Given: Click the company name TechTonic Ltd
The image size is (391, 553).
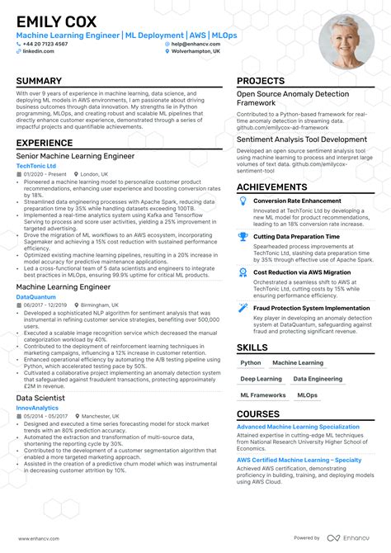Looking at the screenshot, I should pyautogui.click(x=36, y=166).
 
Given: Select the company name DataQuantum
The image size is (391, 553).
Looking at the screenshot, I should pyautogui.click(x=37, y=295).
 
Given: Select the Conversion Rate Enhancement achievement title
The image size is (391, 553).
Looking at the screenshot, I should pyautogui.click(x=297, y=201).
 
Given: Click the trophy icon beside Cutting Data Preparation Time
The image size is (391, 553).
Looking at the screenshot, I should pyautogui.click(x=243, y=236).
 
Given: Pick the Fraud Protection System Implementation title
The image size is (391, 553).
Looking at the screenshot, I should pyautogui.click(x=311, y=308).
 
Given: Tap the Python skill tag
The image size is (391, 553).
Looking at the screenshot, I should pyautogui.click(x=250, y=363).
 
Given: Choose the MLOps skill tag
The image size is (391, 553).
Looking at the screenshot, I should pyautogui.click(x=307, y=395).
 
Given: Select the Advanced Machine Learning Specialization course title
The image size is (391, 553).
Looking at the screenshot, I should pyautogui.click(x=298, y=427).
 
